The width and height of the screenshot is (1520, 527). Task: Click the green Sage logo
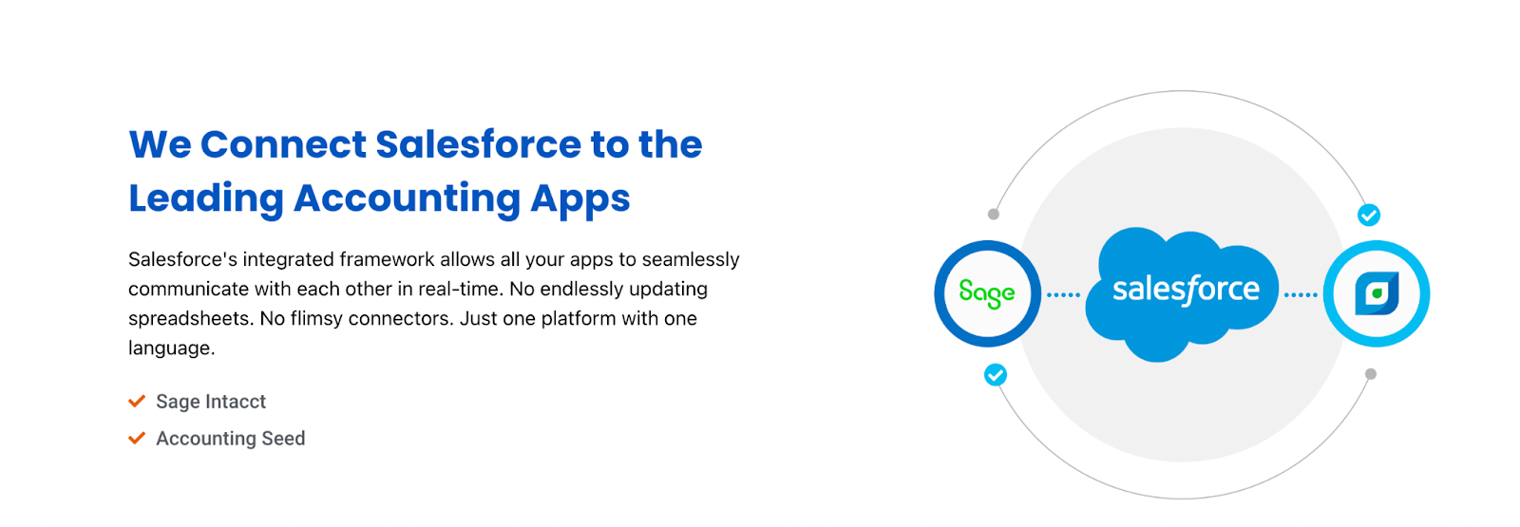tap(987, 293)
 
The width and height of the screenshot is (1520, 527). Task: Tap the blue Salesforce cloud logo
tap(1182, 293)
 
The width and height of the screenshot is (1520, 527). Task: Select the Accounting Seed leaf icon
tap(1377, 293)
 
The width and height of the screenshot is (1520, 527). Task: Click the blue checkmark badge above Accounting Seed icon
tap(1369, 215)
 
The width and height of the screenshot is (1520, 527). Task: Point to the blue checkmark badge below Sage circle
tap(996, 374)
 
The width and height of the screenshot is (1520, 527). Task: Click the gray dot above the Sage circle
tap(994, 215)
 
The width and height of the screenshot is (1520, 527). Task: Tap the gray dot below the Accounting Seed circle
tap(1371, 374)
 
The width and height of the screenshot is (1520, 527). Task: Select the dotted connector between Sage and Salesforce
tap(1063, 295)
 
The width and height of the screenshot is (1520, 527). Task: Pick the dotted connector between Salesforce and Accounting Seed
tap(1301, 295)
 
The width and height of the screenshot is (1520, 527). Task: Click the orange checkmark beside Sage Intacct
tap(137, 401)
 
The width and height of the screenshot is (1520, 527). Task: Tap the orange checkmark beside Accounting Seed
tap(137, 438)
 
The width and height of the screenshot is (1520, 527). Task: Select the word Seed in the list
tap(284, 438)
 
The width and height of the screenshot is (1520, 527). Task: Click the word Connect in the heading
tap(284, 144)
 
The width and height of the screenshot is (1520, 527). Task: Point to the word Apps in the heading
tap(580, 199)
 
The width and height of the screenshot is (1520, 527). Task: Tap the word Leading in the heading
tap(206, 199)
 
